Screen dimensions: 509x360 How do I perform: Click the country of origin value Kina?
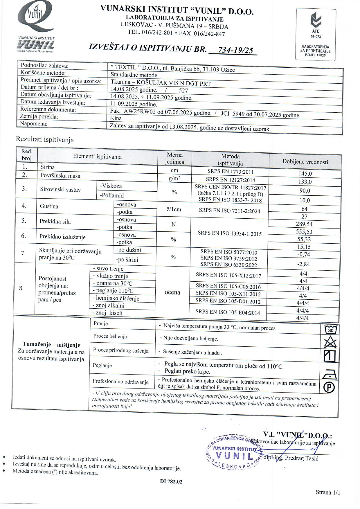(116, 118)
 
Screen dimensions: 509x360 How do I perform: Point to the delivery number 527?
(183, 91)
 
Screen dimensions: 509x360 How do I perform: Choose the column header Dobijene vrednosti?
(305, 162)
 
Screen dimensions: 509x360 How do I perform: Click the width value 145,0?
(305, 174)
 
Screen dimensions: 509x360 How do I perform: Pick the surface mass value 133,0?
(305, 182)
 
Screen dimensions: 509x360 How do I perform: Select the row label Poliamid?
(112, 195)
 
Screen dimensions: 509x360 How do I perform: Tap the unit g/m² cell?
(174, 178)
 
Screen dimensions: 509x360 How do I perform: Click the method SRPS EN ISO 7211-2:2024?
(229, 211)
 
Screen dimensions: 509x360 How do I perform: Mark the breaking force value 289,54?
(304, 224)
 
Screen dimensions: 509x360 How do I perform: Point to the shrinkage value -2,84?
(303, 264)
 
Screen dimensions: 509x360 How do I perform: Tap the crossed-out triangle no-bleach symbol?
(330, 343)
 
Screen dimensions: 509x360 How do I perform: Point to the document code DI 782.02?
(171, 482)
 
